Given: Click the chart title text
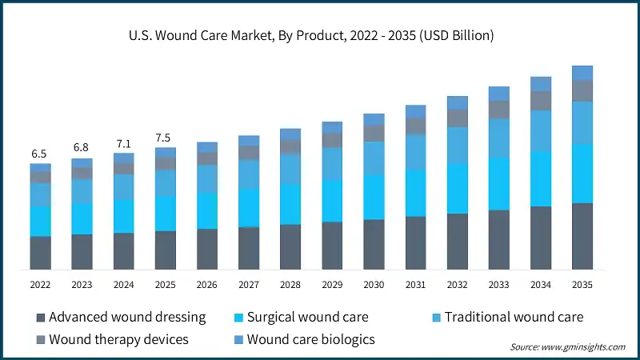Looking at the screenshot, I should [320, 35].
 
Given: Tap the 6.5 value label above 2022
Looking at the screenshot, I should [40, 154].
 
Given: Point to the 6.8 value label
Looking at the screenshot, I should [82, 148].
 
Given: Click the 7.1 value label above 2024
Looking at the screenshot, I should [123, 143].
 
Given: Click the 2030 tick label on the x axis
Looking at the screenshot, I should [374, 284].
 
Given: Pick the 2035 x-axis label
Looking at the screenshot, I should [582, 284].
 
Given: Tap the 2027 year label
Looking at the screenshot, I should [249, 284].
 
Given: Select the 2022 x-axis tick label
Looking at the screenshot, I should [40, 284].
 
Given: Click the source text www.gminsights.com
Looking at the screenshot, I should [568, 346].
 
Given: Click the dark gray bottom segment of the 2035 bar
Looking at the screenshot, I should [582, 236].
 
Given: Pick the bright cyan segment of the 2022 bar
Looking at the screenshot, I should [40, 221].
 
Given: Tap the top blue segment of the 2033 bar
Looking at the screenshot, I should [499, 93].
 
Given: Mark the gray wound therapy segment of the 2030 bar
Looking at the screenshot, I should [374, 133].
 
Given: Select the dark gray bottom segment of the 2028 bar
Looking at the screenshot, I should [290, 246].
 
